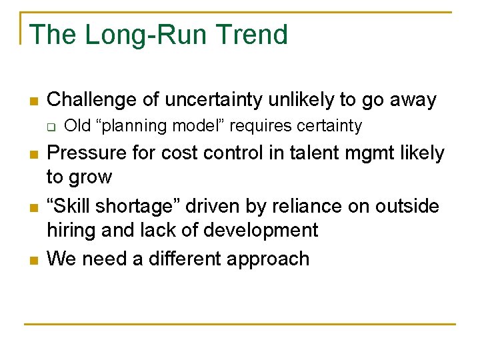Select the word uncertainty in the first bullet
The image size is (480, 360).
pos(220,100)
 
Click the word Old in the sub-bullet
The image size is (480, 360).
pos(75,126)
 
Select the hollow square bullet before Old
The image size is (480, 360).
pos(51,127)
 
